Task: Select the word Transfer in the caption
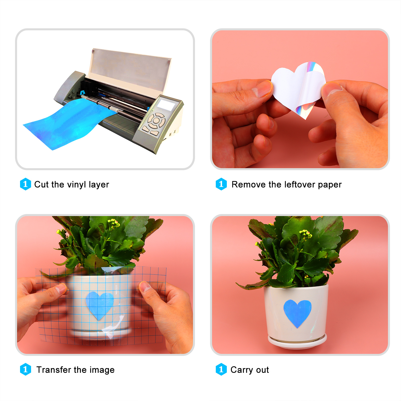54,370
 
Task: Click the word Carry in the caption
242,370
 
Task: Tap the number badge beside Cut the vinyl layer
25,184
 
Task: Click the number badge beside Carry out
221,369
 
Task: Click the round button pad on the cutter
156,121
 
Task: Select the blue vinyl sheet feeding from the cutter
69,124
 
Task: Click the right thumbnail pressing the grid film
145,286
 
